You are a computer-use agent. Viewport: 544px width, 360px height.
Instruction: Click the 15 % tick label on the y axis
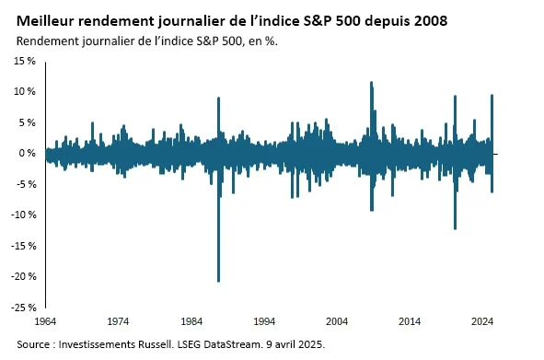[23, 61]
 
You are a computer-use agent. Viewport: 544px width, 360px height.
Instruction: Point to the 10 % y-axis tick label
[23, 92]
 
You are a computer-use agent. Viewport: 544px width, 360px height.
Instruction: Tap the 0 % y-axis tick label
[26, 153]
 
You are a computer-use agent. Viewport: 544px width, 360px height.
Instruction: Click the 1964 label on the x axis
[45, 322]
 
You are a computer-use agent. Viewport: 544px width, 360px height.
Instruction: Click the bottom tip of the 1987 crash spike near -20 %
[218, 281]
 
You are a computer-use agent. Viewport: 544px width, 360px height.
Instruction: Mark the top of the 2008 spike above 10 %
[371, 83]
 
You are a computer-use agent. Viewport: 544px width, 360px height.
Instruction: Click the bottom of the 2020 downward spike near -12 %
[455, 228]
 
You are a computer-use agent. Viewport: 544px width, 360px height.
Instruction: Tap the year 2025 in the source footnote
[308, 343]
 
